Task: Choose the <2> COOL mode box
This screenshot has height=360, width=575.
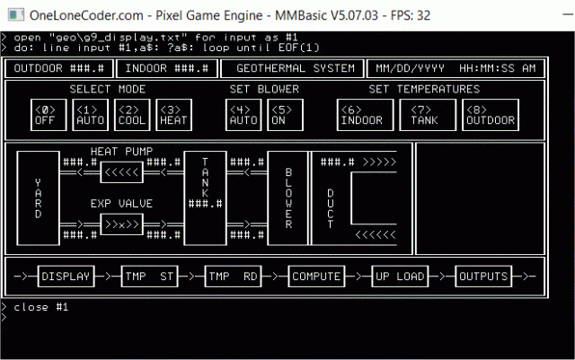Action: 132,115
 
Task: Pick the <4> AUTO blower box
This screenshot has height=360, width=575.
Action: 243,115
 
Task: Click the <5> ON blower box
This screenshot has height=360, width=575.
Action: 283,115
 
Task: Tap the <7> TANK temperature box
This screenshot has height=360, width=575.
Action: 423,115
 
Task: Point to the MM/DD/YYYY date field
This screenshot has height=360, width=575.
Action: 409,68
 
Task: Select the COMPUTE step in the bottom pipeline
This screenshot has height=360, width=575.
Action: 315,277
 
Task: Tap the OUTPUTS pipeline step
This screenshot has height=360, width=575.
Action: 484,277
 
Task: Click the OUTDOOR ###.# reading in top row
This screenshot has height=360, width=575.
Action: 60,68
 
